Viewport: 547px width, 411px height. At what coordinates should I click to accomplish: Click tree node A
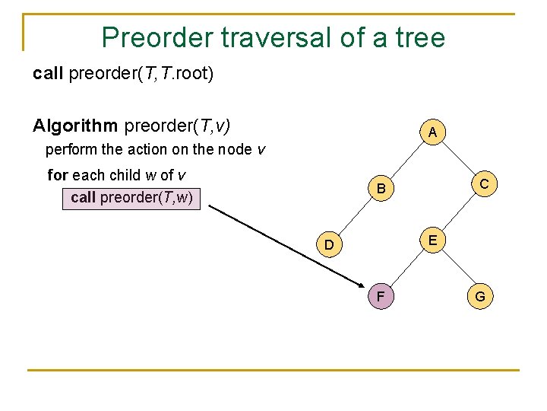tap(432, 132)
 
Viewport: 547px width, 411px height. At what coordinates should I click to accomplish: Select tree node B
tap(382, 188)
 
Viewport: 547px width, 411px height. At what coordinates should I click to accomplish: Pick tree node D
tap(329, 244)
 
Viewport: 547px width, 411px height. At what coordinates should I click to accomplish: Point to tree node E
tap(432, 241)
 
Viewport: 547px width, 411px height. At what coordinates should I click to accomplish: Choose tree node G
tap(481, 296)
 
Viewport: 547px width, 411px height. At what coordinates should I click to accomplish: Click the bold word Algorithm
tap(75, 125)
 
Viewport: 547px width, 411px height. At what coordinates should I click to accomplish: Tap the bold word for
tap(58, 175)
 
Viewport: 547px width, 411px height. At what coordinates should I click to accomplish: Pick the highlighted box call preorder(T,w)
tap(131, 198)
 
